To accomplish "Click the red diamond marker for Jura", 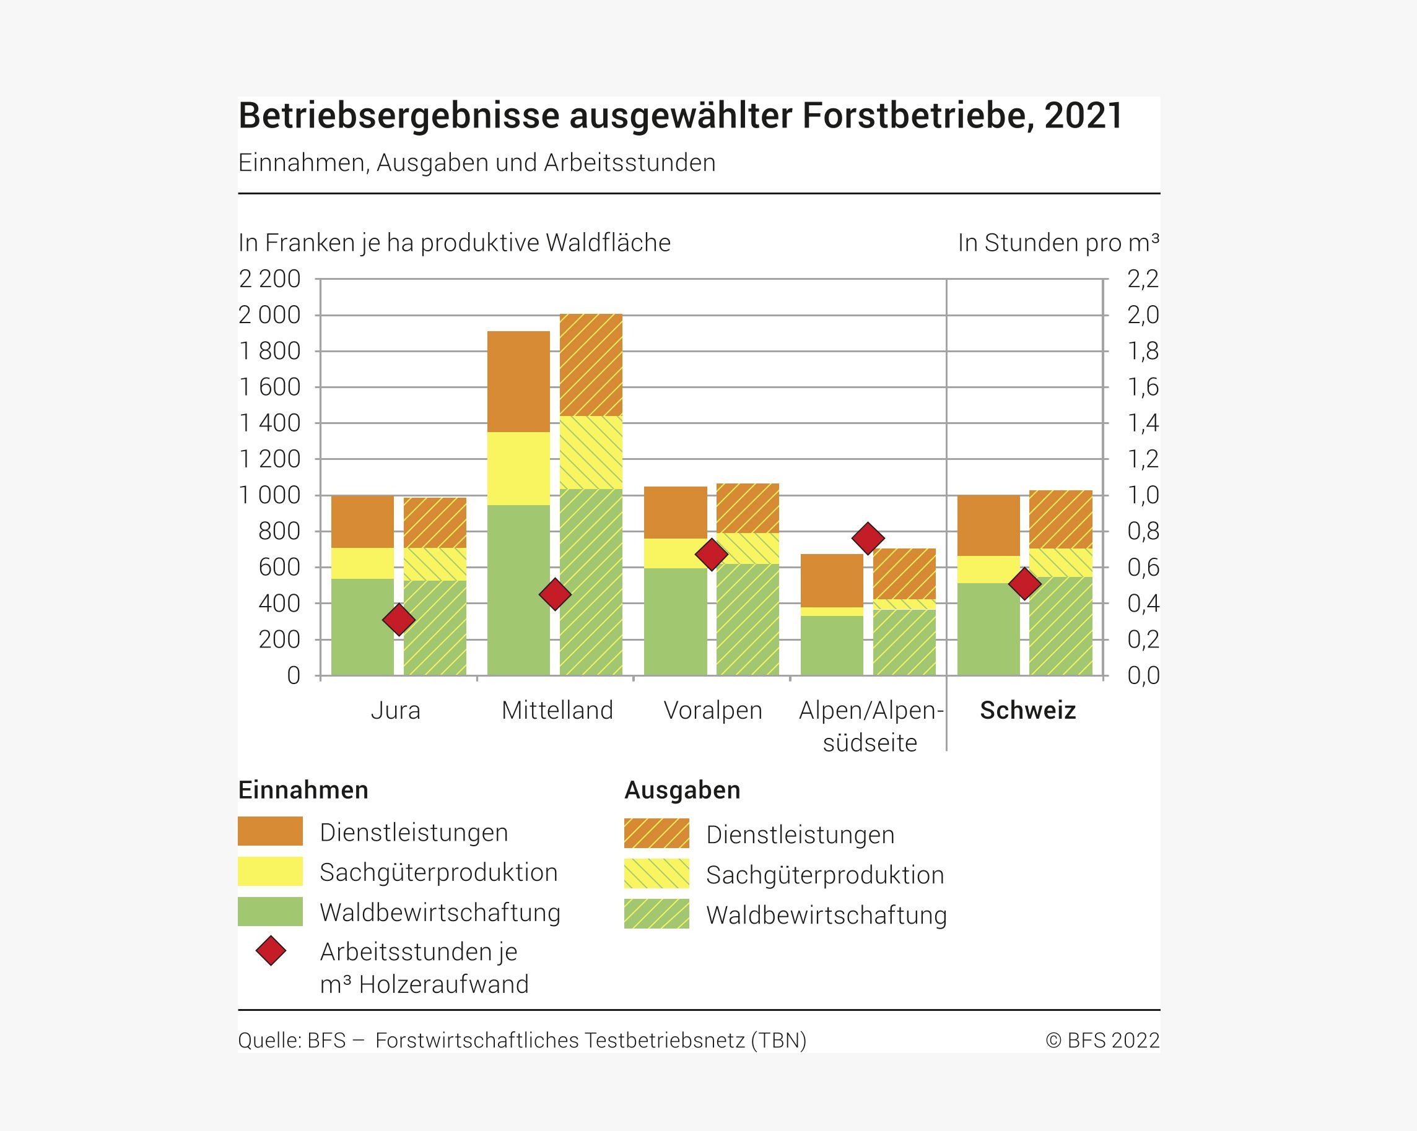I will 399,619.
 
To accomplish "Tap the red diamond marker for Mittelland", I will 555,594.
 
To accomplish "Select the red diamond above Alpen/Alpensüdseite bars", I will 868,539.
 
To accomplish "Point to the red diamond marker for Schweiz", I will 1024,584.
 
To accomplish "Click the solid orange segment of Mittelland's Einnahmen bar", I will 518,381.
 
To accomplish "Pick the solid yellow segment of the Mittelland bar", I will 518,468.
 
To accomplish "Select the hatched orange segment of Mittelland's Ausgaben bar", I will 591,365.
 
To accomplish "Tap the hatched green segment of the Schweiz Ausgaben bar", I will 1061,625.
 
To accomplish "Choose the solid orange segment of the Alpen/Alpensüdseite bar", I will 831,581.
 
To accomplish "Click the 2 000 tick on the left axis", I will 269,315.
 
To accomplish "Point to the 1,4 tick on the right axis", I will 1143,423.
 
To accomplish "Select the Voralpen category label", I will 712,711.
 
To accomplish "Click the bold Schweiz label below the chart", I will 1027,711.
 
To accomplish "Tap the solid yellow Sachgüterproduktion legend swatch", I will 270,872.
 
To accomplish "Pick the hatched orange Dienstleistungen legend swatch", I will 656,834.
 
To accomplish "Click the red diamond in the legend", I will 271,951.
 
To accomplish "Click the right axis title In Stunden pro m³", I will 1058,243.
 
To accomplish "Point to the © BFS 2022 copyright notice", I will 1102,1041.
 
